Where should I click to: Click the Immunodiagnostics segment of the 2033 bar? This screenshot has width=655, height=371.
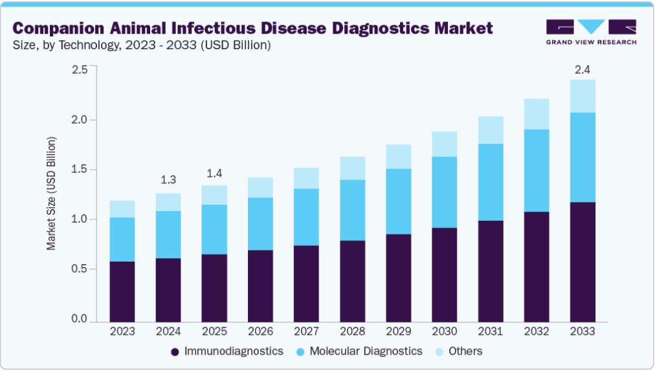[x=583, y=262]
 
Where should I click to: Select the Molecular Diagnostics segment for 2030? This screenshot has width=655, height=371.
[x=445, y=192]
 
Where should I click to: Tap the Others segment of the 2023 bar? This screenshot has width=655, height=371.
[x=122, y=209]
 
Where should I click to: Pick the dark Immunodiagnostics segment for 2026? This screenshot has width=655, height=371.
[x=260, y=286]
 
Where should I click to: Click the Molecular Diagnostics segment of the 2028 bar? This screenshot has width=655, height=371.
[x=353, y=210]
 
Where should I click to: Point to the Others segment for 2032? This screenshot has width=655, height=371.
[x=537, y=114]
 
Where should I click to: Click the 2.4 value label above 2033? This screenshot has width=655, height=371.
[x=583, y=69]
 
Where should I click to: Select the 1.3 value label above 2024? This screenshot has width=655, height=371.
[x=168, y=179]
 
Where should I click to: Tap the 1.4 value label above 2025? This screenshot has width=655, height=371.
[x=214, y=173]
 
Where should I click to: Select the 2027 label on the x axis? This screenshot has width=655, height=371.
[x=307, y=331]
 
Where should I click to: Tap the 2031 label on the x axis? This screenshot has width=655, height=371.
[x=491, y=331]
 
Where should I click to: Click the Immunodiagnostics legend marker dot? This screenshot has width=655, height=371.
[x=175, y=352]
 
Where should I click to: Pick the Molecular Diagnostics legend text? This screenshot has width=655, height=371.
[x=366, y=351]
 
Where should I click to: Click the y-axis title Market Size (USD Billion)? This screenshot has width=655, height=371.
[x=51, y=194]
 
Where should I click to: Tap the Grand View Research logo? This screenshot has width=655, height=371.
[x=591, y=32]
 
